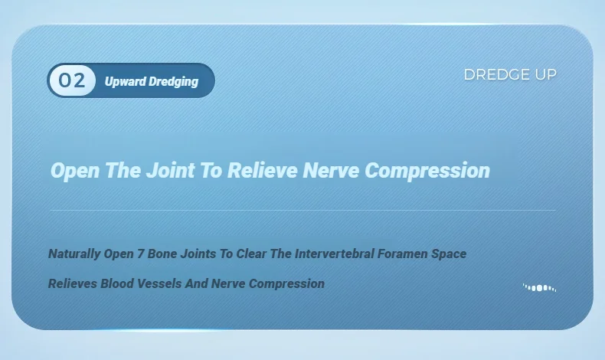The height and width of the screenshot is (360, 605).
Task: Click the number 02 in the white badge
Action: click(x=72, y=80)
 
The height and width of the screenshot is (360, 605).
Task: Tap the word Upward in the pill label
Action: click(x=126, y=81)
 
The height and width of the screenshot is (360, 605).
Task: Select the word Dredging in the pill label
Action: click(x=174, y=82)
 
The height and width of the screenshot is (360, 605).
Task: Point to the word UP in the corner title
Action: click(x=545, y=74)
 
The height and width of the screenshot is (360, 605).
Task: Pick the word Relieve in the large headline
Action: click(x=263, y=170)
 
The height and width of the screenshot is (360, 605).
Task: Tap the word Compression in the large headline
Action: click(x=427, y=171)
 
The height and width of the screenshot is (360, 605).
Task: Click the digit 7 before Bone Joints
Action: click(x=141, y=254)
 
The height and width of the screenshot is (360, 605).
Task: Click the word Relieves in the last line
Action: click(x=73, y=283)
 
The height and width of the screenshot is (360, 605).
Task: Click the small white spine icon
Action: click(x=540, y=287)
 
